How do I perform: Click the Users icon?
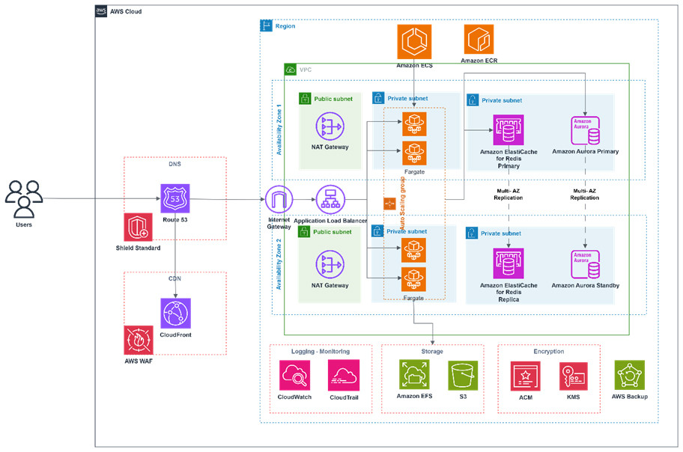24,198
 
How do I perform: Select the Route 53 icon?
175,199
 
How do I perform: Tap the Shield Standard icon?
138,227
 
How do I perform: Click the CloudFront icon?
175,313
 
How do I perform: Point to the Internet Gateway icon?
279,200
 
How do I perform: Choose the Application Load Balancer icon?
330,200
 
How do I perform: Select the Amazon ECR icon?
479,39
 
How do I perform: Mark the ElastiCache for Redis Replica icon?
509,264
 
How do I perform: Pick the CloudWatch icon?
294,376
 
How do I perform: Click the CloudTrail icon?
343,376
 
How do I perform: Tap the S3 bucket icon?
463,376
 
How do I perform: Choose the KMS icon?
573,376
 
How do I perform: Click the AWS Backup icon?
629,374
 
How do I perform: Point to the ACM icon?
525,376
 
